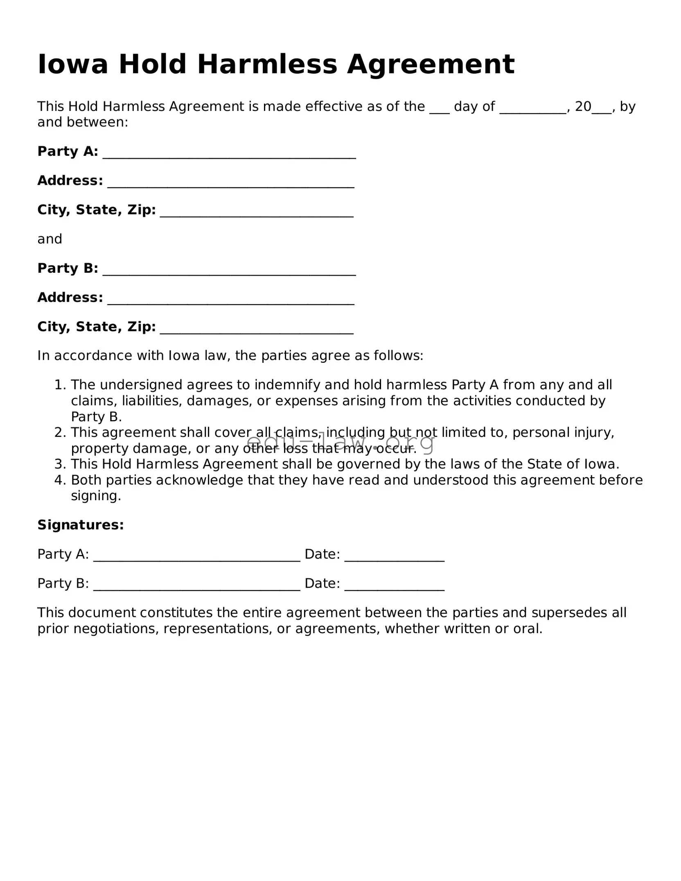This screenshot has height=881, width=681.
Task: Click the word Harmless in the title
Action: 267,65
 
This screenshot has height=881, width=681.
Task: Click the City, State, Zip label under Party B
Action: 96,326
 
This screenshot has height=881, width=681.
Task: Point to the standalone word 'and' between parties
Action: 50,239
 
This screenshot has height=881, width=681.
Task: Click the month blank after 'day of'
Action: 532,108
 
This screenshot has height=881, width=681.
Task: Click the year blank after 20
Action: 602,108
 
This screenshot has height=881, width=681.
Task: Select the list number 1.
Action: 60,385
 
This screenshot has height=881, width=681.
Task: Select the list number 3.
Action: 60,464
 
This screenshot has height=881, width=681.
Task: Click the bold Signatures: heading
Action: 80,525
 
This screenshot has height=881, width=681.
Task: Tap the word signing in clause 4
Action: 95,496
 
